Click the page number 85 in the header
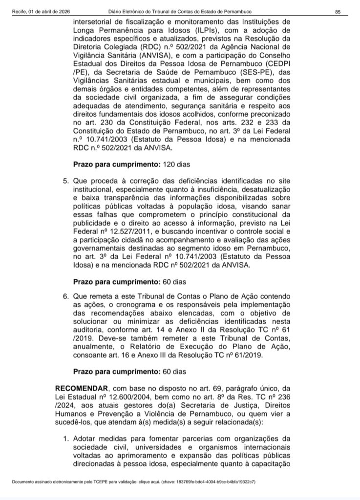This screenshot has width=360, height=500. [338, 12]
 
